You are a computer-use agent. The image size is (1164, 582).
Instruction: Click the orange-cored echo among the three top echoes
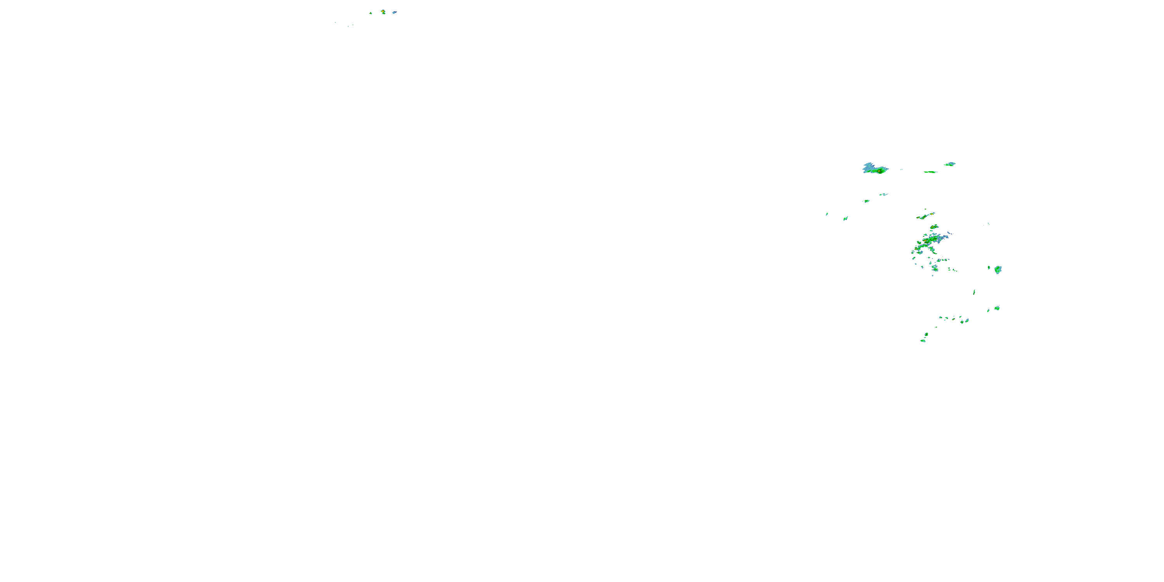[x=383, y=12]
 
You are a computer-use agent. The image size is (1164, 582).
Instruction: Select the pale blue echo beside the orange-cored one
[x=395, y=12]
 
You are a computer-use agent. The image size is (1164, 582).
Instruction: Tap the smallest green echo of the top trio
[x=371, y=13]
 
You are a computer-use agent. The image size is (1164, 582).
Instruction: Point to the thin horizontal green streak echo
[x=930, y=172]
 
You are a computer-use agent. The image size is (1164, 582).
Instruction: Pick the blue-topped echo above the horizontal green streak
[x=949, y=164]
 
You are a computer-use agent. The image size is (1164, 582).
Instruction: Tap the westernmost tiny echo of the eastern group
[x=827, y=214]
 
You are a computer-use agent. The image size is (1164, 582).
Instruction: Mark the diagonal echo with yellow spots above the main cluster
[x=925, y=217]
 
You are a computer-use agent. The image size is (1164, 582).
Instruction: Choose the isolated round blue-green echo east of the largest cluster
[x=998, y=270]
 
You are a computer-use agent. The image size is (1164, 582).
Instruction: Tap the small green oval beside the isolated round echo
[x=989, y=267]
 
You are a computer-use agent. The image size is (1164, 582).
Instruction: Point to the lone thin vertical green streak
[x=974, y=292]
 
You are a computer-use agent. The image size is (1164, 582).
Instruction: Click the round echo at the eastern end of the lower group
[x=997, y=308]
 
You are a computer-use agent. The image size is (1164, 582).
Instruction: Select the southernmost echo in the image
[x=923, y=341]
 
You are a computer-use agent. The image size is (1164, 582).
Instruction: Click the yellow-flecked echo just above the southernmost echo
[x=926, y=334]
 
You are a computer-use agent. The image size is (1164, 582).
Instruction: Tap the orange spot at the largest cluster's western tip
[x=917, y=249]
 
